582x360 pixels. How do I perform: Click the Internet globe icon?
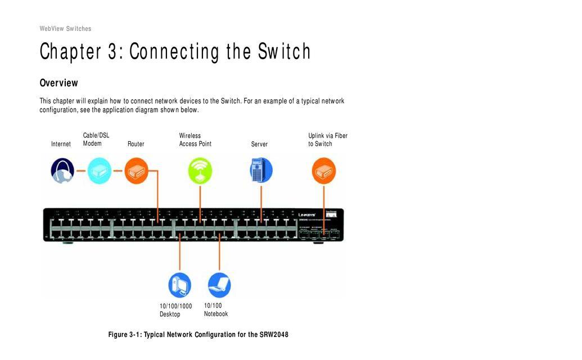[x=62, y=170]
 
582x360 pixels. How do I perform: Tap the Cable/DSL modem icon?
[x=99, y=170]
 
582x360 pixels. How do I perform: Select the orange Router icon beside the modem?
[x=136, y=170]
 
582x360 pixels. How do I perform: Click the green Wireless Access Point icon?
[x=200, y=170]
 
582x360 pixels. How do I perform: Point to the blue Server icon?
[x=260, y=170]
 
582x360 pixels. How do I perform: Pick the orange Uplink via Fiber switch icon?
[x=323, y=170]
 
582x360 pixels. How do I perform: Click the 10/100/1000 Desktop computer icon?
[x=180, y=285]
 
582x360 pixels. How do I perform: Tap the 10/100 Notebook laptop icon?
[x=219, y=285]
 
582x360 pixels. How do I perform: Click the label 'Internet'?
[x=61, y=144]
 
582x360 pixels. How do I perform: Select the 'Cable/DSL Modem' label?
[x=96, y=139]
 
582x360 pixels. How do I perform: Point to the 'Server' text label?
[x=259, y=145]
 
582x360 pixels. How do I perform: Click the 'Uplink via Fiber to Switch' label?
[x=328, y=139]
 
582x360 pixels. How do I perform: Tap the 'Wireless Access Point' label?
[x=195, y=139]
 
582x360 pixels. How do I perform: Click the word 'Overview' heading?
[x=58, y=83]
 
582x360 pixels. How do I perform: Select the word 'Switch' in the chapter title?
[x=284, y=52]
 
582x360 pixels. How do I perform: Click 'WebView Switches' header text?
[x=65, y=29]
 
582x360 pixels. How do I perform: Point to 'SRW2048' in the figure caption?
[x=274, y=335]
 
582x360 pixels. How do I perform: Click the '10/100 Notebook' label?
[x=216, y=310]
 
